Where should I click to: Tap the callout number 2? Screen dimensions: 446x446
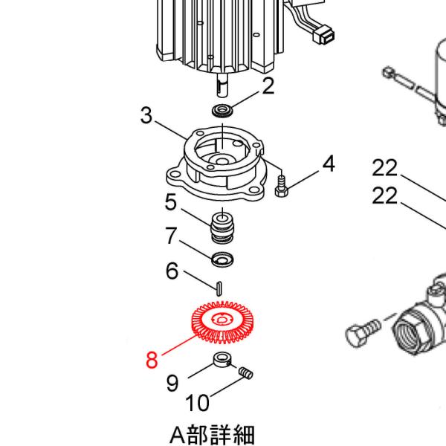[x=268, y=86]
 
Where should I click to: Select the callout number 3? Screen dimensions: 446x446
[x=146, y=117]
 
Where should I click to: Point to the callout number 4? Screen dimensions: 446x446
[x=327, y=164]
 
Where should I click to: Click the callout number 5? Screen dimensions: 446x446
[x=171, y=202]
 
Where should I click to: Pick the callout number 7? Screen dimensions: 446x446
[x=171, y=236]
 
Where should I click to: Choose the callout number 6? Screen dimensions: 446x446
[x=172, y=271]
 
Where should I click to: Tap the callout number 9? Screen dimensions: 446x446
[x=172, y=383]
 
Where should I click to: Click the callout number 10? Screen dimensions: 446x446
[x=197, y=404]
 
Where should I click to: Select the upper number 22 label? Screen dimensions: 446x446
[x=385, y=168]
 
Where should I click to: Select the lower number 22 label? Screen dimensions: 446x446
[x=385, y=196]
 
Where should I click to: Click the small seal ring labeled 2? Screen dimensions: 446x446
[x=222, y=111]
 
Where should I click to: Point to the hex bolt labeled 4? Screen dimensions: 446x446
[x=281, y=188]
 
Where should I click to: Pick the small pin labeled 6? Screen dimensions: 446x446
[x=220, y=286]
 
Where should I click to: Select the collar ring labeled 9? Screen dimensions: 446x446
[x=222, y=362]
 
